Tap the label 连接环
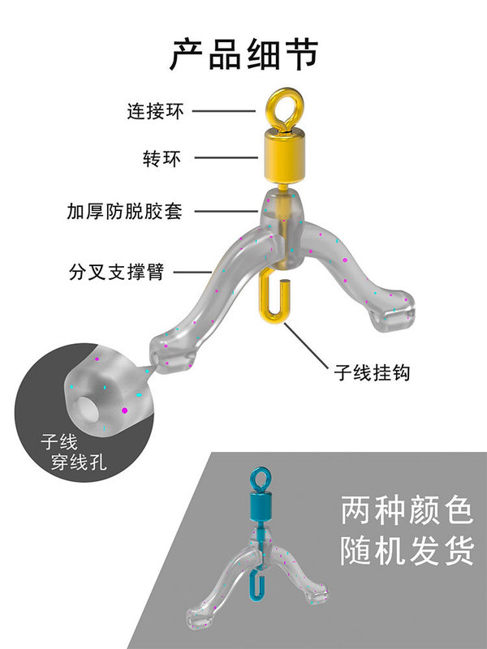tap(155, 111)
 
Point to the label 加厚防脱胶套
tap(125, 213)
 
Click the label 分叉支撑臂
tap(117, 271)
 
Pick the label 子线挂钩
tap(373, 373)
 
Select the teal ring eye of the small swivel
tap(259, 479)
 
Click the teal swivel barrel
tap(259, 509)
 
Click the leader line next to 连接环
tap(223, 111)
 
